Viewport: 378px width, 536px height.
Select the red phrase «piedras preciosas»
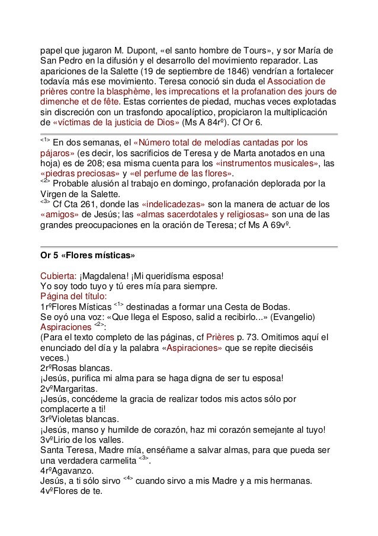(x=81, y=174)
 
